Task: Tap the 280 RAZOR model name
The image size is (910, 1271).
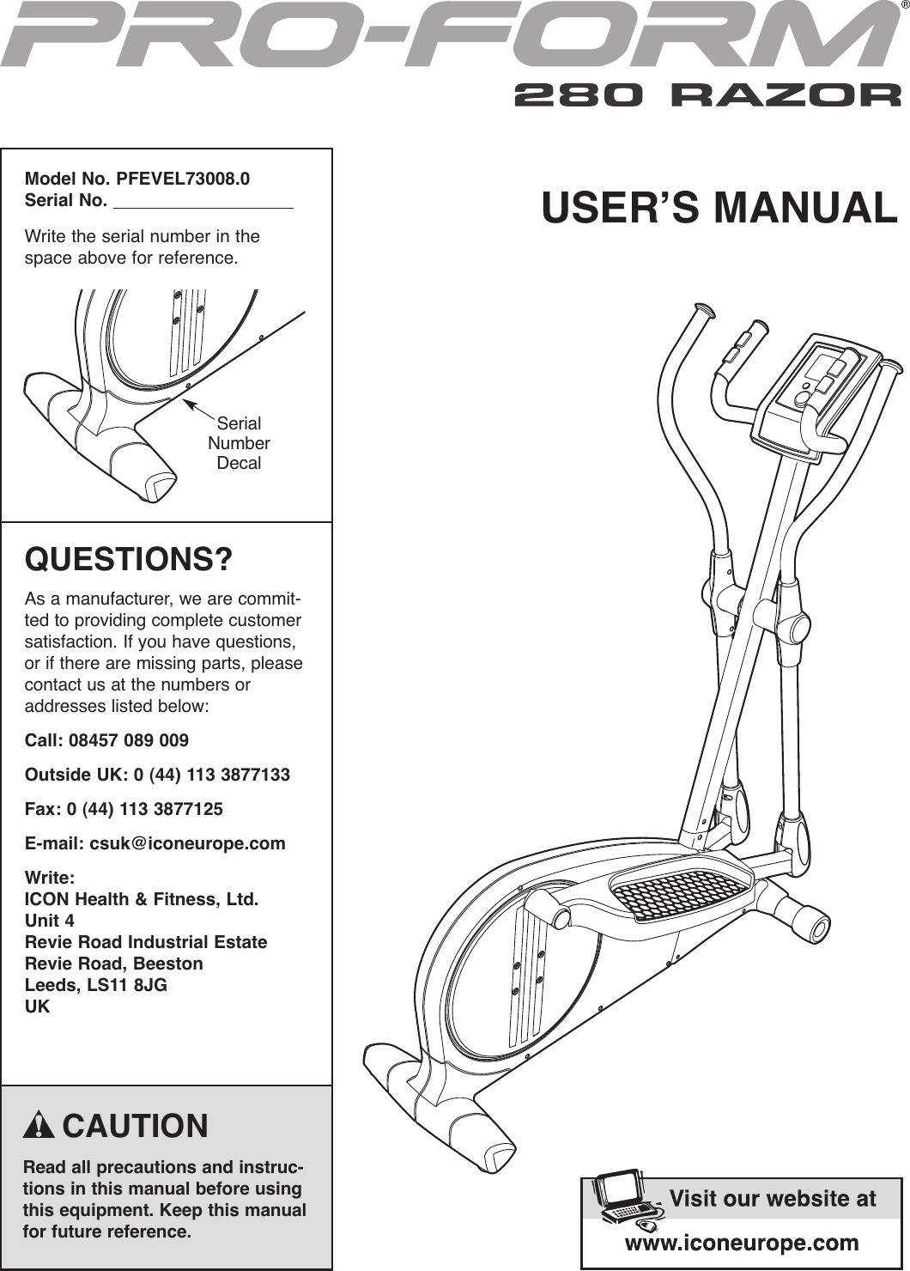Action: tap(707, 94)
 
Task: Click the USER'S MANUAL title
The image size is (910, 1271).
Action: tap(719, 209)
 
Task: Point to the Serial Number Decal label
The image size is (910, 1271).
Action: tap(239, 443)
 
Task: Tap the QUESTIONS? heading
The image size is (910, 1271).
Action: tap(129, 560)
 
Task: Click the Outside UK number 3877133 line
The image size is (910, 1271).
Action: tap(157, 775)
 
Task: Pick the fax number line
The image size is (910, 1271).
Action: tap(124, 809)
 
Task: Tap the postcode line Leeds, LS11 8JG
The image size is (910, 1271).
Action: tap(96, 985)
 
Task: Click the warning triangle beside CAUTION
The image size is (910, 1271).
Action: tap(39, 1126)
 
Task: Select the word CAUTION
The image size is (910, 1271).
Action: tap(135, 1126)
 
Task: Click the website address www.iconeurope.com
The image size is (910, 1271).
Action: tap(741, 1243)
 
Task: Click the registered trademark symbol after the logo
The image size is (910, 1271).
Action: tap(904, 6)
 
